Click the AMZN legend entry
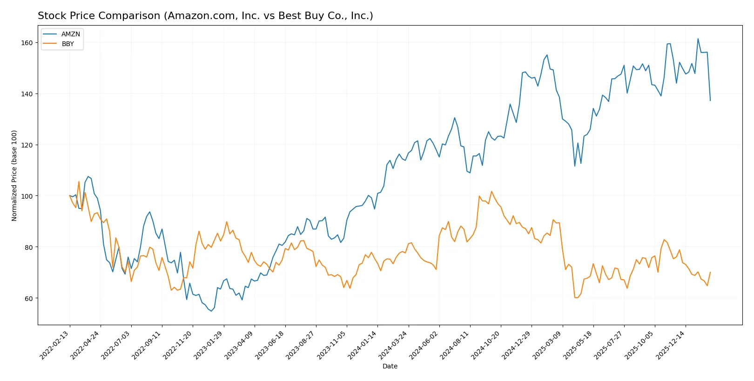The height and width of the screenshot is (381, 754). tap(70, 34)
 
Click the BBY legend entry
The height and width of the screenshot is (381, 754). tap(67, 44)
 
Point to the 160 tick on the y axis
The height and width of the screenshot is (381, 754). tap(27, 43)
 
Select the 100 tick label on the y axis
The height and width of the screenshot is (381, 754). tap(27, 196)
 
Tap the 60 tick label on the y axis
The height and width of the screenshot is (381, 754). tap(28, 299)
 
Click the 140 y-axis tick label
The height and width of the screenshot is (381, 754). tap(27, 94)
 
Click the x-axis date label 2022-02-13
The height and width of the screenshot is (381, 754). tap(54, 345)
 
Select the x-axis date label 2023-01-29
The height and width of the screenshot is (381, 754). tap(209, 345)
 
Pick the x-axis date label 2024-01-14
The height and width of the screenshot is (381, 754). tap(363, 345)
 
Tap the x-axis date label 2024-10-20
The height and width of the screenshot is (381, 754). tap(485, 345)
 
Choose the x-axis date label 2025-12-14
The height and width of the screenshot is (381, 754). tap(670, 345)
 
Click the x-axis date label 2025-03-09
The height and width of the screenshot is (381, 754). tap(547, 345)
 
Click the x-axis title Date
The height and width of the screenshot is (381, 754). tap(390, 366)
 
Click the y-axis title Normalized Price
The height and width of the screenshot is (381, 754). tap(14, 175)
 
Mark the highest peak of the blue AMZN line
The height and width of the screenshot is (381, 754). tap(698, 39)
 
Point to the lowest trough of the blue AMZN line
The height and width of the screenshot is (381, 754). tap(211, 311)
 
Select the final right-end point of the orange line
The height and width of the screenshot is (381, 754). tap(710, 272)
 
